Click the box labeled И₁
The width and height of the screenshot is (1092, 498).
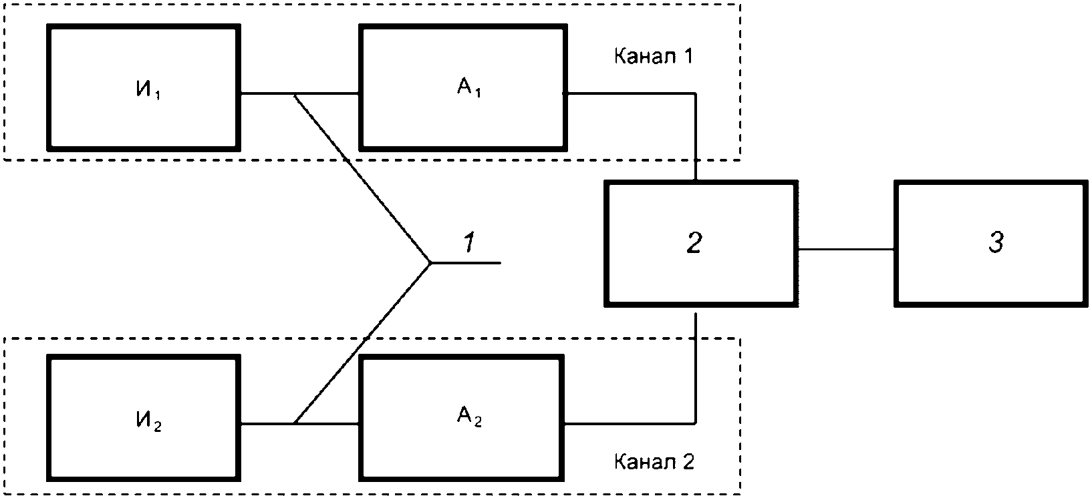click(x=144, y=87)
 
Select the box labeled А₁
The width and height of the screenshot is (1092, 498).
click(x=463, y=87)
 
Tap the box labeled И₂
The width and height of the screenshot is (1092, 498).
click(x=144, y=418)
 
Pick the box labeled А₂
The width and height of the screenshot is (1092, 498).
click(x=461, y=418)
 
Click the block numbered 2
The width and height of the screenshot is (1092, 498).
click(x=701, y=244)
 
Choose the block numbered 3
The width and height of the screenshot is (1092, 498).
click(x=990, y=244)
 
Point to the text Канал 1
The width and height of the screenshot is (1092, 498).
click(x=653, y=57)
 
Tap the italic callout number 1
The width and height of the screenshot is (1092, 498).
click(x=469, y=242)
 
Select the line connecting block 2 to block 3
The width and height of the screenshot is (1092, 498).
click(x=846, y=249)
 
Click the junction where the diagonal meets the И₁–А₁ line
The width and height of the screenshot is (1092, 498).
click(x=295, y=93)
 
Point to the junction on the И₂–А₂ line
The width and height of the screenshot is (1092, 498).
click(x=295, y=423)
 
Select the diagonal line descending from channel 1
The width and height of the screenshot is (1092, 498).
click(x=363, y=178)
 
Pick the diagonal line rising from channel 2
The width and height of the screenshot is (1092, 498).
click(x=363, y=343)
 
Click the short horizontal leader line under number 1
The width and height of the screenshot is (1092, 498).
click(x=466, y=263)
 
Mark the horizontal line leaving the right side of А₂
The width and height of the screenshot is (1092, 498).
click(x=630, y=423)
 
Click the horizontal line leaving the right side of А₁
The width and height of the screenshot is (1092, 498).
click(x=632, y=93)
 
